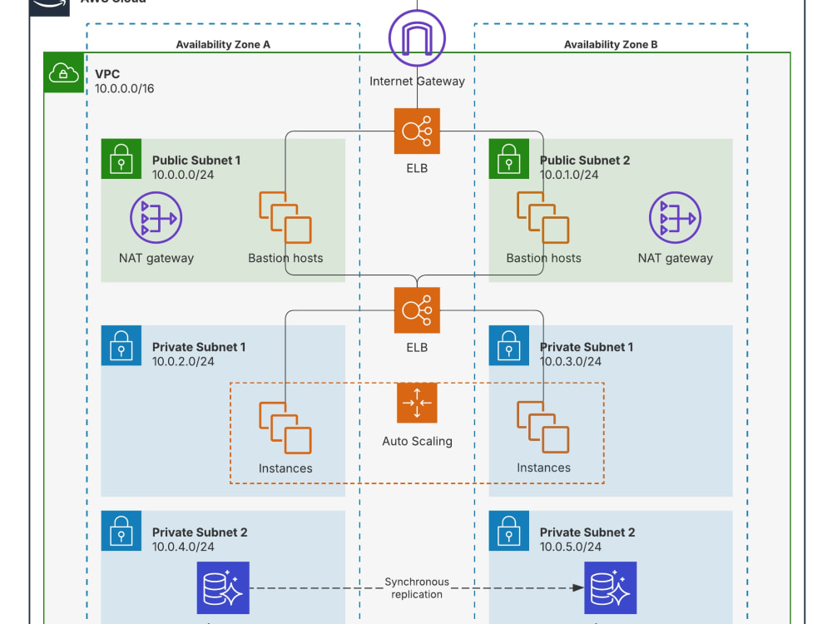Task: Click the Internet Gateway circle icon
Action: point(417,38)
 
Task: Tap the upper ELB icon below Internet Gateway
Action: point(417,131)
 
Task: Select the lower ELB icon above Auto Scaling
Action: point(417,310)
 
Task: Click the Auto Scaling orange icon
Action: point(417,403)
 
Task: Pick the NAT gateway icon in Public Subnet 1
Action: point(156,217)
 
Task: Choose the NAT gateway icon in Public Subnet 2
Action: point(675,217)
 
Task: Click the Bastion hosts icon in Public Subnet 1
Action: point(285,217)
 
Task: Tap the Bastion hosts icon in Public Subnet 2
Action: point(543,217)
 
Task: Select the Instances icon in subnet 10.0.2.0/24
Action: point(285,428)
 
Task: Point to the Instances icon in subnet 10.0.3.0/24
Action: point(543,427)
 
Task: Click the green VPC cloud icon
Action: point(64,72)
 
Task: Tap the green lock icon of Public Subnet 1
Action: point(121,159)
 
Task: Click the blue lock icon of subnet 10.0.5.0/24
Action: point(509,531)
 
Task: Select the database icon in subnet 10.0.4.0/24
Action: point(223,588)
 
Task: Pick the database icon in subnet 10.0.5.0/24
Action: point(610,588)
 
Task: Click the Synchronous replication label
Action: point(417,588)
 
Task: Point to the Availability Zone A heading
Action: point(223,45)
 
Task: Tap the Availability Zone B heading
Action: point(611,45)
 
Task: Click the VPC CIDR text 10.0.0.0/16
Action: point(125,89)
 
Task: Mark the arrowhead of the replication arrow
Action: point(578,588)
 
